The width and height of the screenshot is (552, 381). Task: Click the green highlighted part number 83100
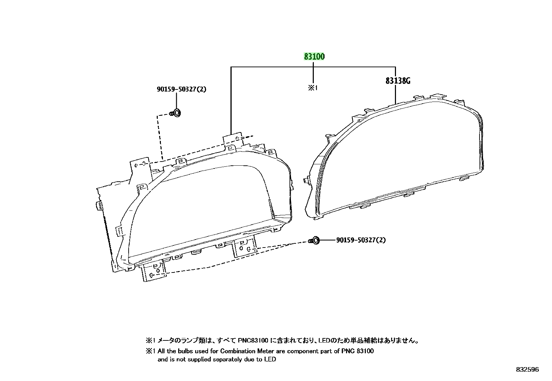point(314,57)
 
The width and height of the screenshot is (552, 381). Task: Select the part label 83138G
point(398,81)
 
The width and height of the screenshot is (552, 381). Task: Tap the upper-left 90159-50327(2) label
point(182,89)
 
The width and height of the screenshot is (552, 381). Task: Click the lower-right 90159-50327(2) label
point(361,240)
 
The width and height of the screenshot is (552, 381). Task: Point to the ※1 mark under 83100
point(313,88)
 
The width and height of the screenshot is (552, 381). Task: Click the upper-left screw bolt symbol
point(175,113)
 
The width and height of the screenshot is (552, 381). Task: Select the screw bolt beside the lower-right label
point(314,240)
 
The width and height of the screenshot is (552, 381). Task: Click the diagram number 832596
point(527,370)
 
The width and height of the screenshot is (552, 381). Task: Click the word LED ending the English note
point(270,359)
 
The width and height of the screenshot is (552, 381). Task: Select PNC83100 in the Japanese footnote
point(253,340)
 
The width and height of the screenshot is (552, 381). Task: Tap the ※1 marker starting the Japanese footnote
point(150,340)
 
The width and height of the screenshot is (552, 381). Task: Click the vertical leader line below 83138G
point(396,94)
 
